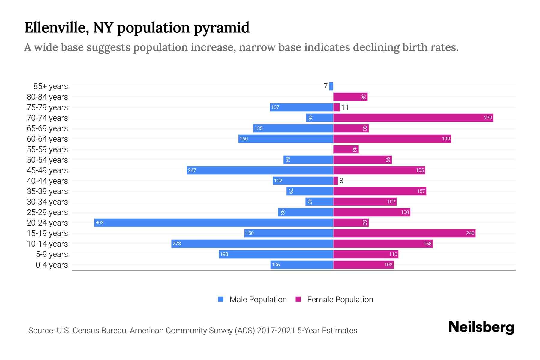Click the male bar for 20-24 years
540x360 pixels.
pyautogui.click(x=214, y=223)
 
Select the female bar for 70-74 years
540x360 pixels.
pyautogui.click(x=413, y=118)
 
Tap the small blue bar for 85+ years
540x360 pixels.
pyautogui.click(x=331, y=86)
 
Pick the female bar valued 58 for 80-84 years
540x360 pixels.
pyautogui.click(x=350, y=97)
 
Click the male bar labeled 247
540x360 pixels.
pyautogui.click(x=260, y=170)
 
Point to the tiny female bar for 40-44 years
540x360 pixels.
pyautogui.click(x=336, y=181)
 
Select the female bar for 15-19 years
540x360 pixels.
pyautogui.click(x=404, y=233)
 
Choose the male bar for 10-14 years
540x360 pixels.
pyautogui.click(x=252, y=244)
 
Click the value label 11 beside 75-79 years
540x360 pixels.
pyautogui.click(x=345, y=107)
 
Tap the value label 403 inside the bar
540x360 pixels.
pyautogui.click(x=99, y=223)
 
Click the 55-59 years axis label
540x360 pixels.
pyautogui.click(x=47, y=149)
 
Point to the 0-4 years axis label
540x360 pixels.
pyautogui.click(x=52, y=265)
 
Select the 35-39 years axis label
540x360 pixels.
pyautogui.click(x=47, y=191)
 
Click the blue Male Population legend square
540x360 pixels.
pyautogui.click(x=221, y=299)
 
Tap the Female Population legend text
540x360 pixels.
pyautogui.click(x=340, y=300)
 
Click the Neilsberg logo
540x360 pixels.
pyautogui.click(x=481, y=327)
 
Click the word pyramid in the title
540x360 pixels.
pyautogui.click(x=221, y=28)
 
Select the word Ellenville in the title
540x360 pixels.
pyautogui.click(x=56, y=28)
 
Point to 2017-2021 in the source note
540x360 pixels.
pyautogui.click(x=276, y=331)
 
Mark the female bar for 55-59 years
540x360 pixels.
pyautogui.click(x=346, y=149)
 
